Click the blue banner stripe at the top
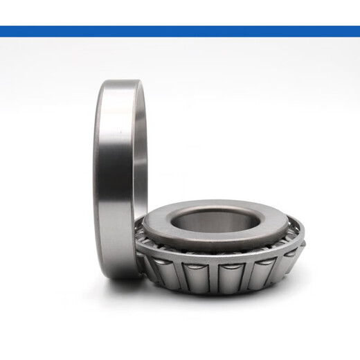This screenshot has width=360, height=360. point(180,31)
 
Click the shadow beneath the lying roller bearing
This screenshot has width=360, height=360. point(222,305)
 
